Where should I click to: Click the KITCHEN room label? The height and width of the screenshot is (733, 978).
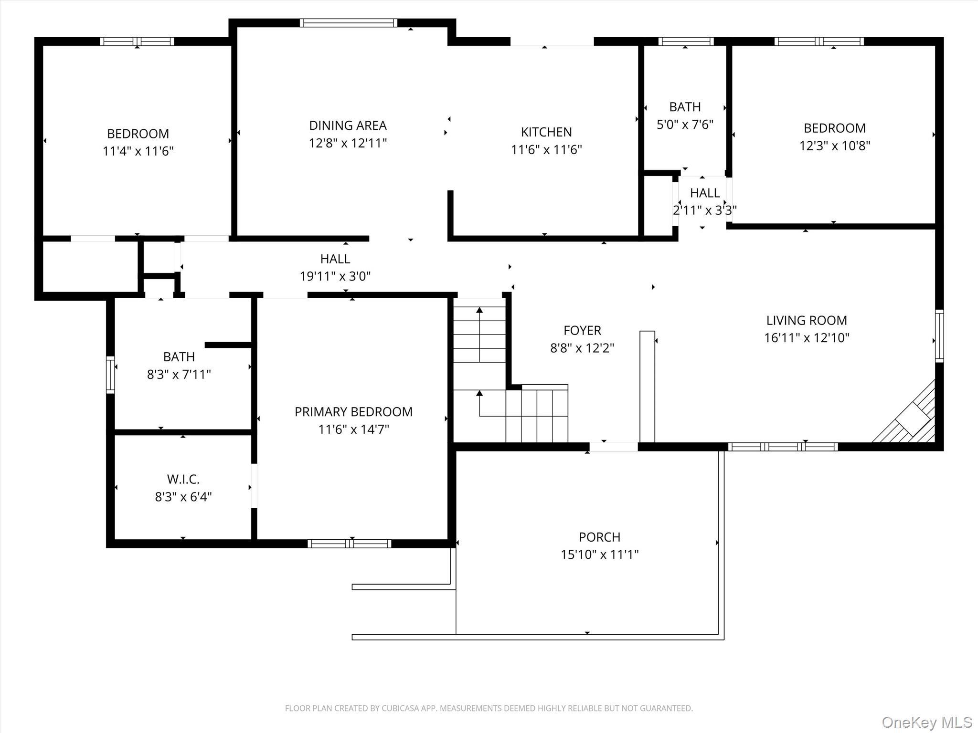click(546, 132)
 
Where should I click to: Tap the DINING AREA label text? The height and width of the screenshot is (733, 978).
click(348, 126)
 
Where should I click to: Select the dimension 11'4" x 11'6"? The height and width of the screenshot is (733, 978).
click(138, 151)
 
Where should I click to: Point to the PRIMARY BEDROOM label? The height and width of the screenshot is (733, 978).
click(353, 412)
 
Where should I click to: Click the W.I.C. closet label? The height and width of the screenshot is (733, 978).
click(183, 479)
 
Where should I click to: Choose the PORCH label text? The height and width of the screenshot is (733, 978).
click(599, 537)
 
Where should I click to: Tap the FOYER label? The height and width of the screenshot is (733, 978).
click(582, 330)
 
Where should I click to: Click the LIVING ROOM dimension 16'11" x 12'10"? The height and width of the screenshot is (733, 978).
click(807, 338)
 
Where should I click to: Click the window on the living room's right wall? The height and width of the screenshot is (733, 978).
click(939, 335)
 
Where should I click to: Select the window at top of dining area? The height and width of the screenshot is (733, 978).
click(349, 22)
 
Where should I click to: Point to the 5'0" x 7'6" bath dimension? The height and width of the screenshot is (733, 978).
click(685, 125)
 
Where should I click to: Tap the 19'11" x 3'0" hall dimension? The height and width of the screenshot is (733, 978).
click(335, 276)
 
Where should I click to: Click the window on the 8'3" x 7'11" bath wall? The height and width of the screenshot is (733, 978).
click(110, 375)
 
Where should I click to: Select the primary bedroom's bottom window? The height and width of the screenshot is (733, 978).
click(350, 544)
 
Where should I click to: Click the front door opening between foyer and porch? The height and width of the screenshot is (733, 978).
click(614, 447)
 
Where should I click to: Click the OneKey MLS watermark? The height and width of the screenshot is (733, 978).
click(926, 722)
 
